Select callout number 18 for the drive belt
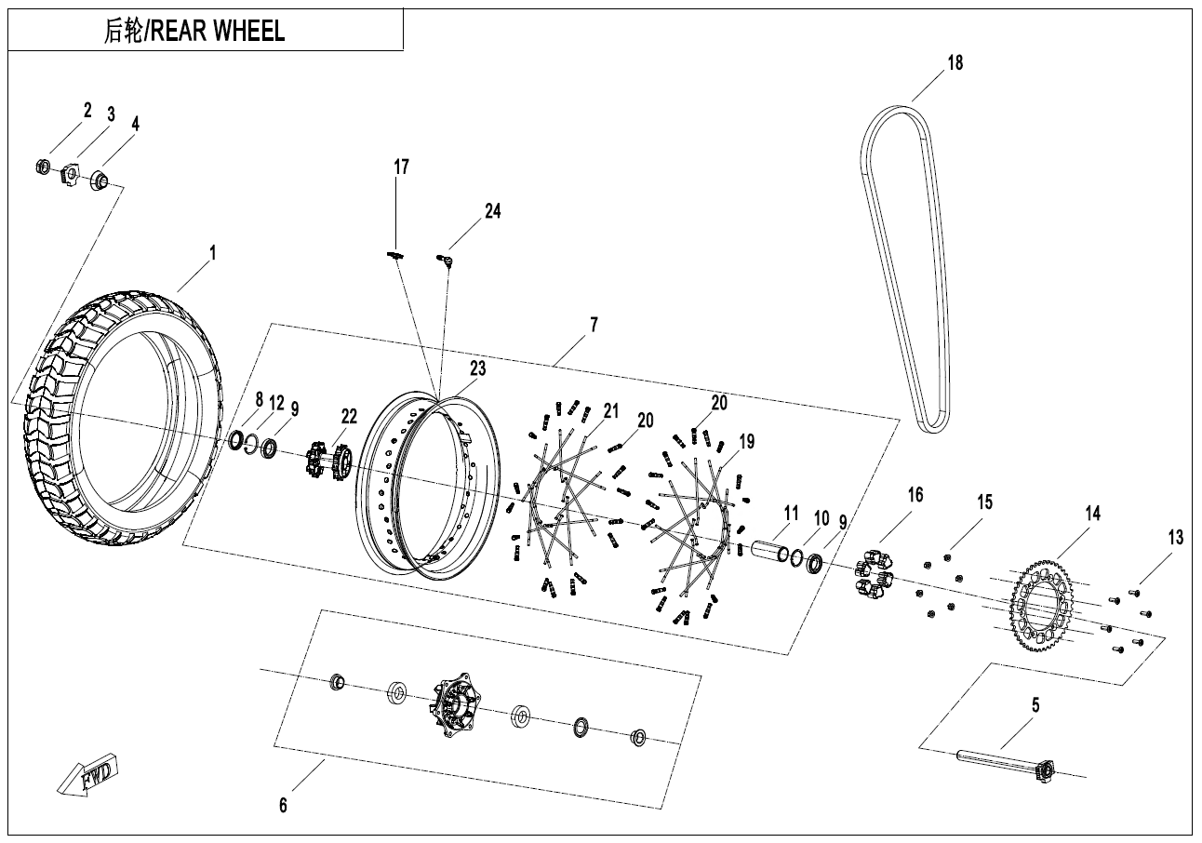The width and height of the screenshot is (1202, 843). [955, 63]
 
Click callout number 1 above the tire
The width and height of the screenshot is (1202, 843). [212, 252]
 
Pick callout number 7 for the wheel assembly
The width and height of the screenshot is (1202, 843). [594, 325]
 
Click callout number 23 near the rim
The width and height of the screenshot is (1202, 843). [477, 368]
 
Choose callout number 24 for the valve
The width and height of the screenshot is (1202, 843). [492, 211]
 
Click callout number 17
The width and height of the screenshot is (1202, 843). [401, 167]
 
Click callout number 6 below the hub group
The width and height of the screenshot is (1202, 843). [284, 805]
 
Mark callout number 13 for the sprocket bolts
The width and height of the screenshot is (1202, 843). [1176, 537]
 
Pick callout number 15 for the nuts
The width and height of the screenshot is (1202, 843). [985, 502]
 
